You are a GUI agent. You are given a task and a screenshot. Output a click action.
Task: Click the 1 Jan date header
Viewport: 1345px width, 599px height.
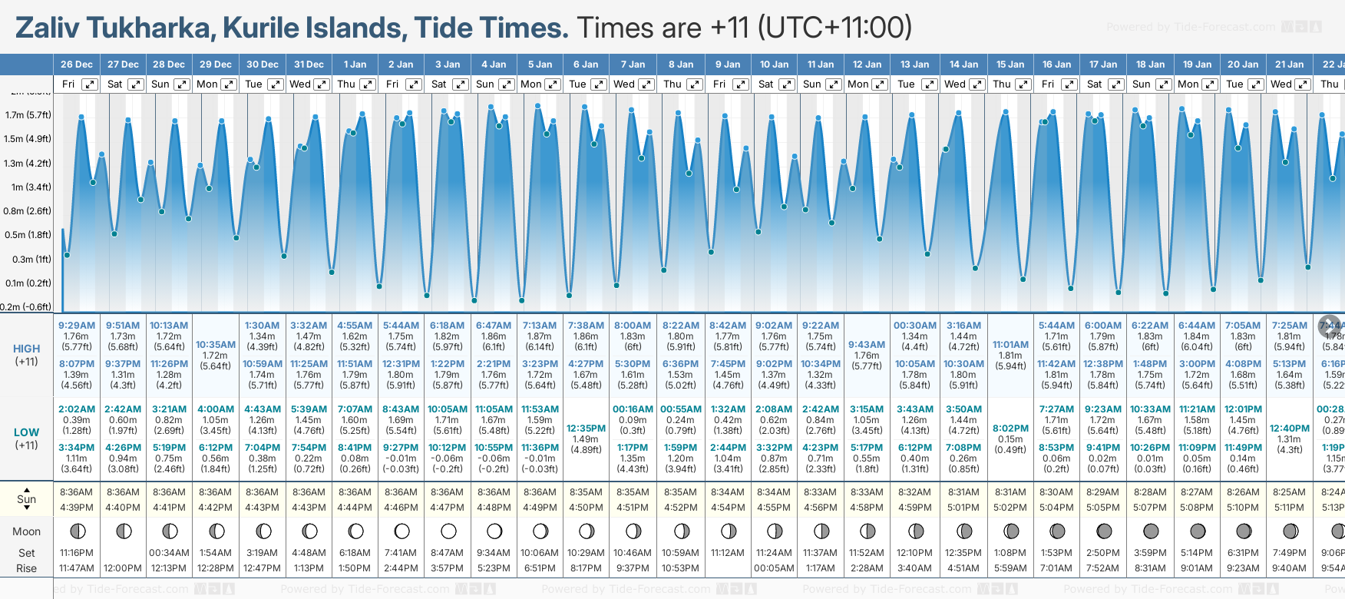click(x=355, y=65)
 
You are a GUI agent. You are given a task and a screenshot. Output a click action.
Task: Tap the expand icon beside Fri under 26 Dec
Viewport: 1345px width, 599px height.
click(x=90, y=84)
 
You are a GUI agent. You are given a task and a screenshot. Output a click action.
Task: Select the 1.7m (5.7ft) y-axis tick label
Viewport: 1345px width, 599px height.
click(x=28, y=115)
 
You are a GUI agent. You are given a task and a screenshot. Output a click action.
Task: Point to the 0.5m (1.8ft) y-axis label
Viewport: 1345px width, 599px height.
click(x=28, y=235)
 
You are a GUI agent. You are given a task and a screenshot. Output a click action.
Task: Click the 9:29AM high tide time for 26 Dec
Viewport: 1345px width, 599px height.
click(x=77, y=326)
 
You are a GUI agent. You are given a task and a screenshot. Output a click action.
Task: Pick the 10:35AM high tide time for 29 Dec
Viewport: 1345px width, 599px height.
click(x=216, y=345)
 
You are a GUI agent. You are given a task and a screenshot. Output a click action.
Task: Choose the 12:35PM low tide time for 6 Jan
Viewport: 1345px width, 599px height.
click(x=586, y=429)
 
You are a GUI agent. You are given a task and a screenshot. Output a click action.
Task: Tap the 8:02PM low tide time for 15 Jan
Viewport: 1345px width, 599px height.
click(x=1010, y=429)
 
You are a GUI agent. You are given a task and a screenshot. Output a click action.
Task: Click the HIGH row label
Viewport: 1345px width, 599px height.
click(x=27, y=349)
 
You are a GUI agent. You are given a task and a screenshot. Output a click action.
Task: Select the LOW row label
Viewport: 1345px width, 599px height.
click(x=26, y=432)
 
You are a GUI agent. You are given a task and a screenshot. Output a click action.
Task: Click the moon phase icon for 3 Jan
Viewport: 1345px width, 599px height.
click(x=448, y=531)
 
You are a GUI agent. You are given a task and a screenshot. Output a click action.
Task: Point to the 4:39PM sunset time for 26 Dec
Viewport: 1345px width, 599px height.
click(x=77, y=508)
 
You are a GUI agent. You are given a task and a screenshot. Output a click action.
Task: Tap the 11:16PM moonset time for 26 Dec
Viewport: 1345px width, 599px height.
click(x=77, y=553)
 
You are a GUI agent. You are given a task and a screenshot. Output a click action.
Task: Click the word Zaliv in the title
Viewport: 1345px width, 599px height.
click(x=48, y=28)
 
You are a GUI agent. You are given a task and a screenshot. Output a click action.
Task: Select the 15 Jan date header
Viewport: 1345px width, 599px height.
click(x=1011, y=65)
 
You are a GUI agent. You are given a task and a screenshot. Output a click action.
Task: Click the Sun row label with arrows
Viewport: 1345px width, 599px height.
click(x=27, y=499)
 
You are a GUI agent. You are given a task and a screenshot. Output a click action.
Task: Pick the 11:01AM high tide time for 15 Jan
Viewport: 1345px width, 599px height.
click(x=1010, y=345)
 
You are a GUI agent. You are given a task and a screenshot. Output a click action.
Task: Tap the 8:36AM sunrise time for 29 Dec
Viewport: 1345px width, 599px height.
click(x=216, y=492)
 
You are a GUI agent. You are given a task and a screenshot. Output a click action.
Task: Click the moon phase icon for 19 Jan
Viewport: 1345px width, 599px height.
click(x=1197, y=531)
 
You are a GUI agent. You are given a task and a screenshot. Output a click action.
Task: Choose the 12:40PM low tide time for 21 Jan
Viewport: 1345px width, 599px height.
click(x=1289, y=429)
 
